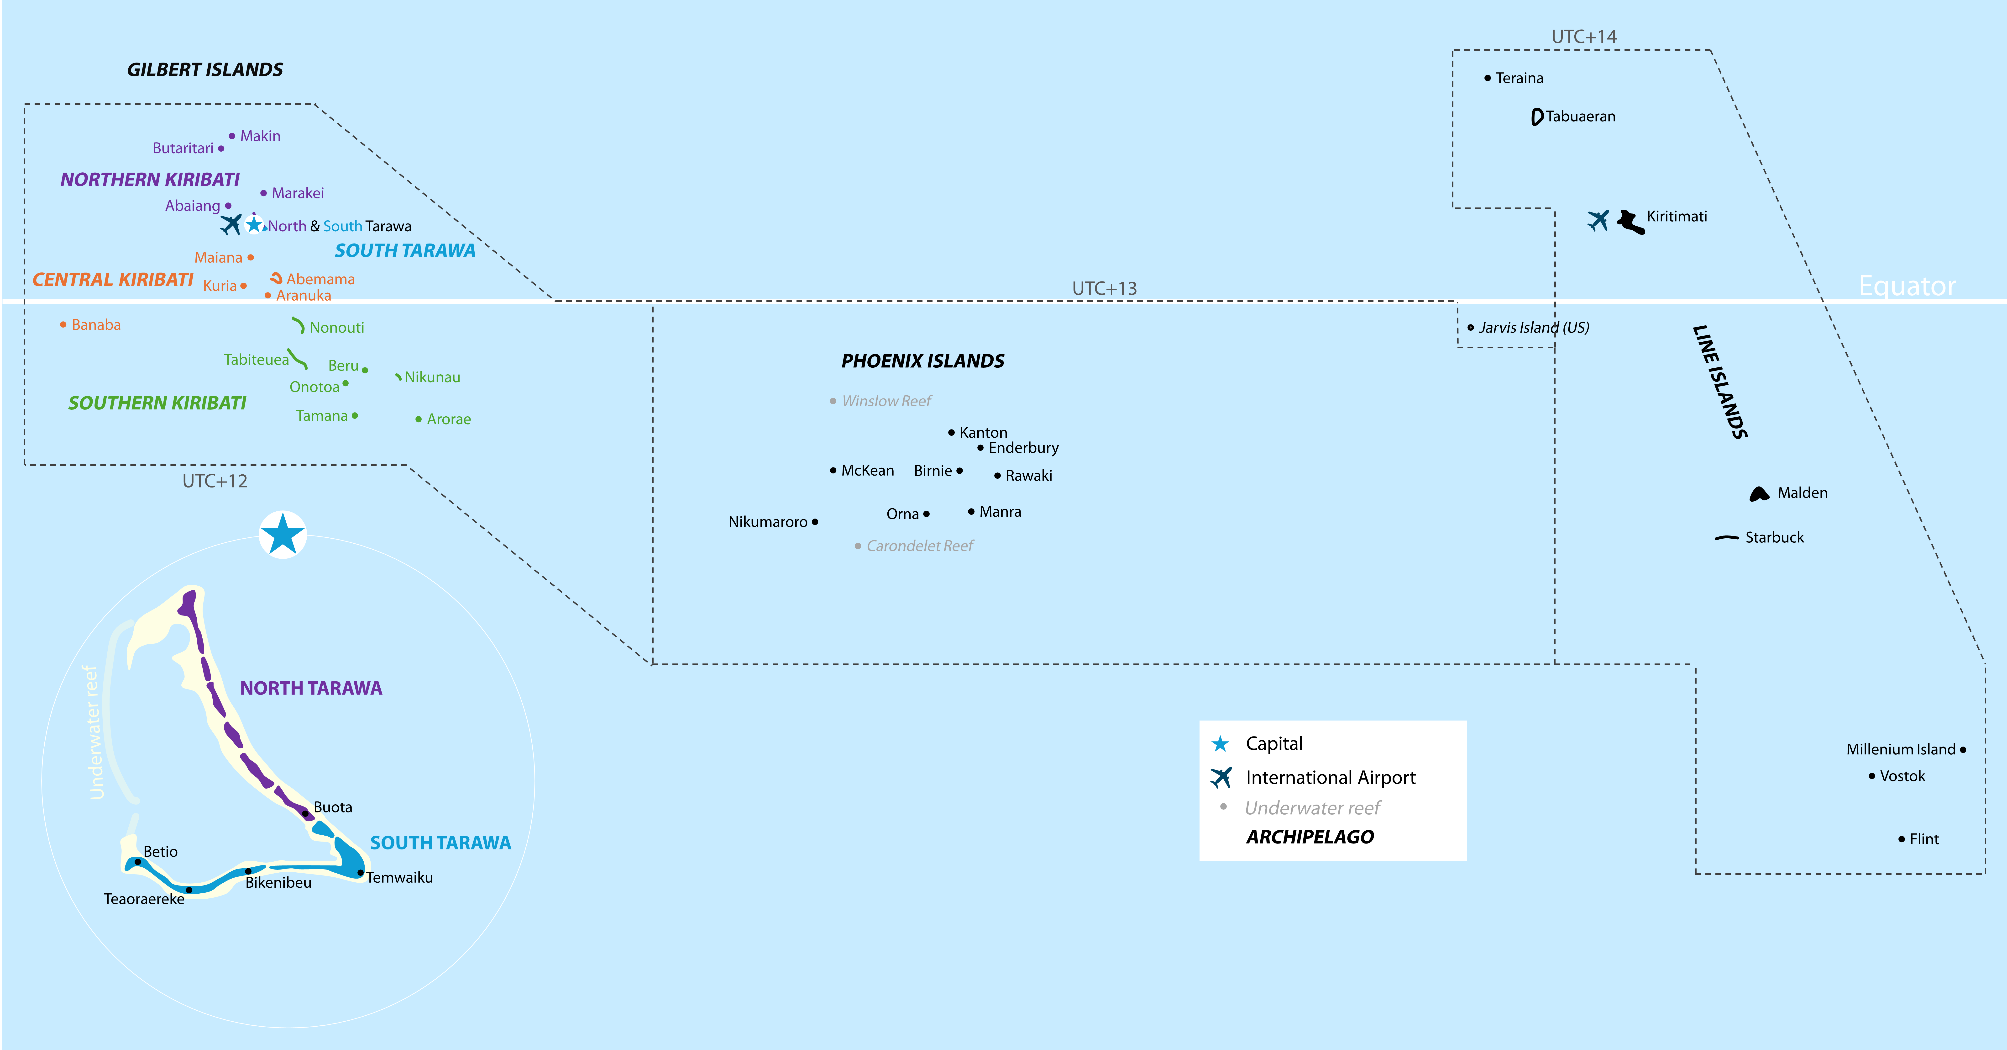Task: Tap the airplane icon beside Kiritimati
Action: [x=1598, y=221]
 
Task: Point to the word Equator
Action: [x=1907, y=286]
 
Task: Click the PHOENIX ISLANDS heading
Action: [x=922, y=361]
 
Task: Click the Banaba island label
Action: [x=96, y=325]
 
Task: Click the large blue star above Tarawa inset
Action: [x=283, y=535]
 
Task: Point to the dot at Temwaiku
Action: [x=360, y=872]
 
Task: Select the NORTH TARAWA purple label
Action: [x=311, y=688]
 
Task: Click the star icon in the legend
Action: [x=1220, y=744]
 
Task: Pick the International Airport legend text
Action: [x=1330, y=778]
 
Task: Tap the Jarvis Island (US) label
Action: [x=1533, y=327]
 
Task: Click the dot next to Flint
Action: [x=1902, y=839]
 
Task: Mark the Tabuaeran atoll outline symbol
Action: [x=1536, y=117]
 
